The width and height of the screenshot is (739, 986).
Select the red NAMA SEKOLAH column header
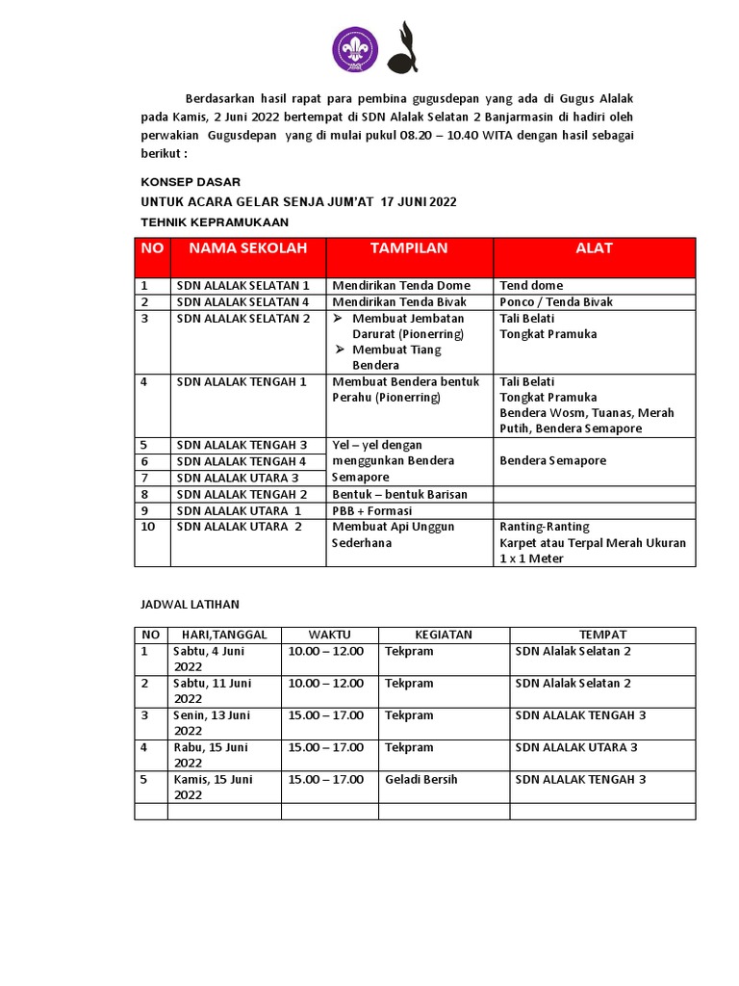(x=247, y=248)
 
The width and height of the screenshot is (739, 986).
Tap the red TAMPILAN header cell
(x=409, y=248)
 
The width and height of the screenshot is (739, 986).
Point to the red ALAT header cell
(x=594, y=248)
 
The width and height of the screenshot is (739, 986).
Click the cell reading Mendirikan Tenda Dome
(x=401, y=285)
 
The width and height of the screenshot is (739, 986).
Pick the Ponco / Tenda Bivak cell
(x=556, y=301)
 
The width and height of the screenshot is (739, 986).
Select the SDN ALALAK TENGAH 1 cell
(x=242, y=381)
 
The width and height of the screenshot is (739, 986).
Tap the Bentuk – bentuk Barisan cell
(x=399, y=494)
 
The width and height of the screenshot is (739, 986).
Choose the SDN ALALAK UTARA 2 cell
(x=240, y=527)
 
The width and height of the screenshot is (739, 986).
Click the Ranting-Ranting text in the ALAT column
(x=545, y=527)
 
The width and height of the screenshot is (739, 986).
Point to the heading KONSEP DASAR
(x=191, y=182)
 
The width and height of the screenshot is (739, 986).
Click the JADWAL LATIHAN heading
(x=191, y=605)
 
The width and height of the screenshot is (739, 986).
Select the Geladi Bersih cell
(x=420, y=779)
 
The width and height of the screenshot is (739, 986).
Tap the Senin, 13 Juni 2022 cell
(x=212, y=722)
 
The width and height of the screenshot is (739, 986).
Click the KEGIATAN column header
(x=444, y=635)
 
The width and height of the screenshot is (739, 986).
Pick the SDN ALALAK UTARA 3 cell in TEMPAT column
(x=576, y=747)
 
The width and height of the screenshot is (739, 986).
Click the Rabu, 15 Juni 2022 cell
(x=211, y=755)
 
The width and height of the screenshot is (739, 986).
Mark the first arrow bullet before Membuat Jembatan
(x=338, y=318)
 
